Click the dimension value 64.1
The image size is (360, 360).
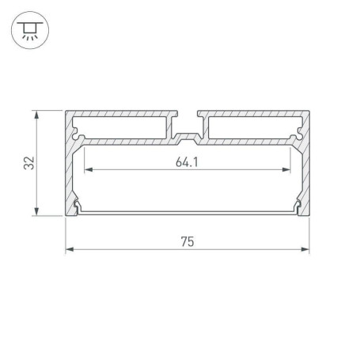188,164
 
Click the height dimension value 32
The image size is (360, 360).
29,164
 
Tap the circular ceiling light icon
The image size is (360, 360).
28,29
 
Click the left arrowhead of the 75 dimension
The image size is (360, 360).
69,250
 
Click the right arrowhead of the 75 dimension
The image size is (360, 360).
306,250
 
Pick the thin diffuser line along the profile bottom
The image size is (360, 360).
188,212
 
